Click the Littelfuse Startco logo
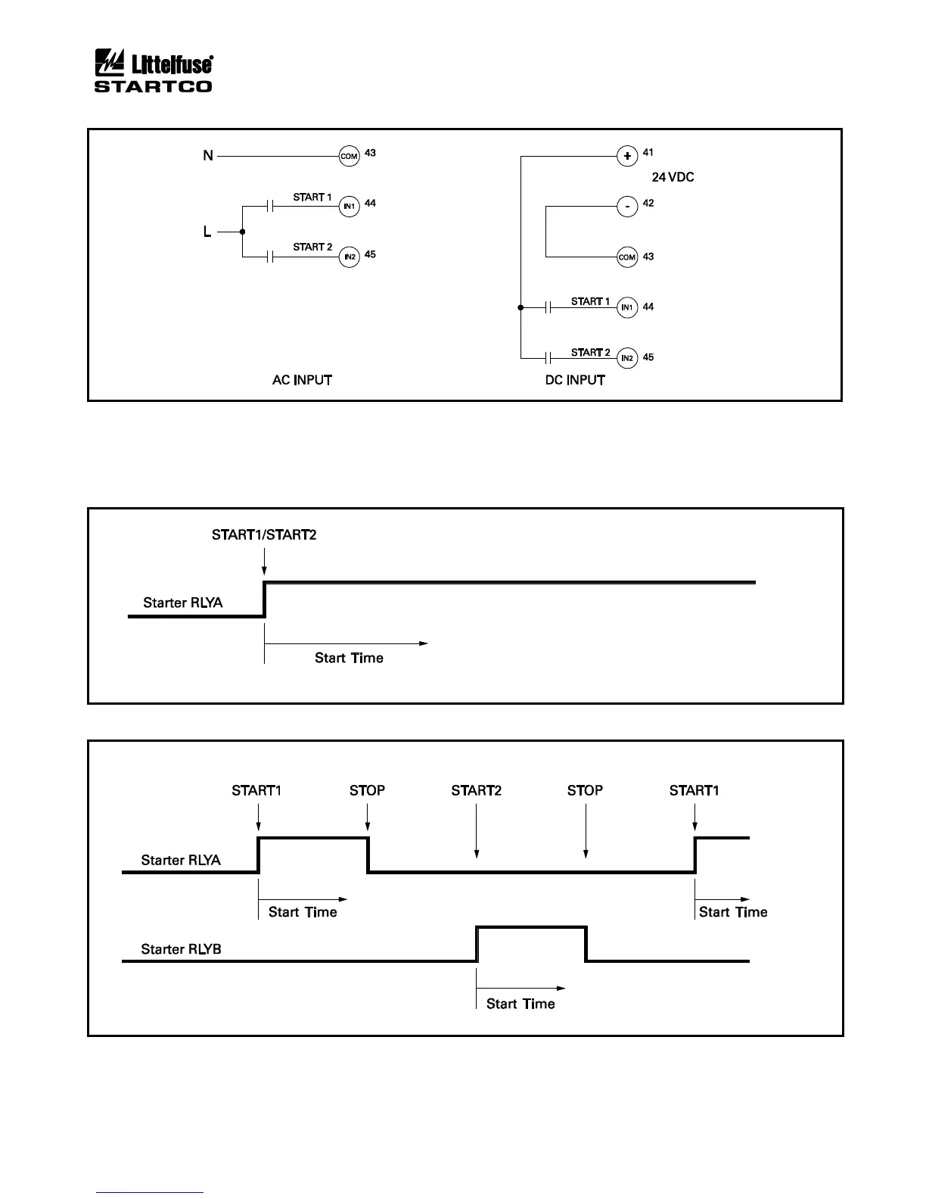pos(153,72)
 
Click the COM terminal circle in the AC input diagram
pos(349,157)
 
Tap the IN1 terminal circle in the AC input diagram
pos(349,207)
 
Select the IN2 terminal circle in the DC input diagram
pos(626,358)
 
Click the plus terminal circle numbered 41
pos(627,157)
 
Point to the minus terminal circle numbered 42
pos(627,207)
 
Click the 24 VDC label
pos(673,178)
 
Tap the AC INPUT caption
pos(302,380)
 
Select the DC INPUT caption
pos(575,380)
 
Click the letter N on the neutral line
pos(208,157)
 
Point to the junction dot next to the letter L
pos(242,232)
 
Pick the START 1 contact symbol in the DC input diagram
pos(548,307)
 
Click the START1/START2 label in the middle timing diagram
pos(264,536)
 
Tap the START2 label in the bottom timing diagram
pos(476,791)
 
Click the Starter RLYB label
pos(181,949)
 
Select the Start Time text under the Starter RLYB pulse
pos(520,1004)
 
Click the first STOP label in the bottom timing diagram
pos(367,791)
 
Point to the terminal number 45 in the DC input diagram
pos(648,357)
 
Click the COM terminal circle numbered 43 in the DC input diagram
pos(627,257)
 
